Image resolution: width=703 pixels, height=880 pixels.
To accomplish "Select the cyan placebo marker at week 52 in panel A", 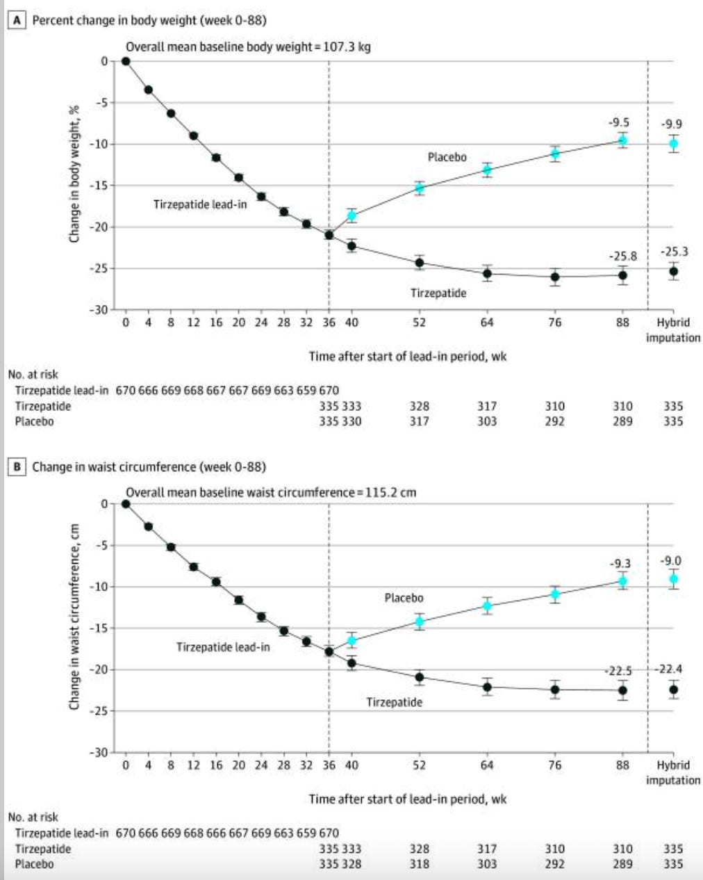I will pyautogui.click(x=419, y=188).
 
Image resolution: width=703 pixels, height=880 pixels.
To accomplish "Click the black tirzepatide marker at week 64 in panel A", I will pyautogui.click(x=487, y=273).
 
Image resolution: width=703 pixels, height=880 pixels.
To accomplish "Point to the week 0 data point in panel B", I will pyautogui.click(x=126, y=504).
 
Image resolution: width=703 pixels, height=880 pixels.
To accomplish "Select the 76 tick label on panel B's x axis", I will pyautogui.click(x=554, y=765).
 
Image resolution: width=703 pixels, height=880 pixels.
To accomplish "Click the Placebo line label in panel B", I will pyautogui.click(x=404, y=598).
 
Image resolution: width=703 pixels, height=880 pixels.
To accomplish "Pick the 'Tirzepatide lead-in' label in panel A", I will pyautogui.click(x=200, y=205).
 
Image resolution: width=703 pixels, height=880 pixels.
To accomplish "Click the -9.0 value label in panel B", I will pyautogui.click(x=671, y=561).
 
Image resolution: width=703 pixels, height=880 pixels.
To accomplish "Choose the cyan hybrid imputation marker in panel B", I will pyautogui.click(x=672, y=579).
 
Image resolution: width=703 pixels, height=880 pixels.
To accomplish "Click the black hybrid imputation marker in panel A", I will pyautogui.click(x=672, y=272).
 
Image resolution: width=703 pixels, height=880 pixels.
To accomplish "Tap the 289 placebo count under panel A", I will pyautogui.click(x=622, y=421).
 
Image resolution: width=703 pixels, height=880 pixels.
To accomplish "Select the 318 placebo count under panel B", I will pyautogui.click(x=419, y=864).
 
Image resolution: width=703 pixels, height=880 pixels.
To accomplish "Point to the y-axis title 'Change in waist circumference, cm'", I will pyautogui.click(x=73, y=617).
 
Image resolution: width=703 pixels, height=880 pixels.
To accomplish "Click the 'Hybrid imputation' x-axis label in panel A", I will pyautogui.click(x=672, y=330).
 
